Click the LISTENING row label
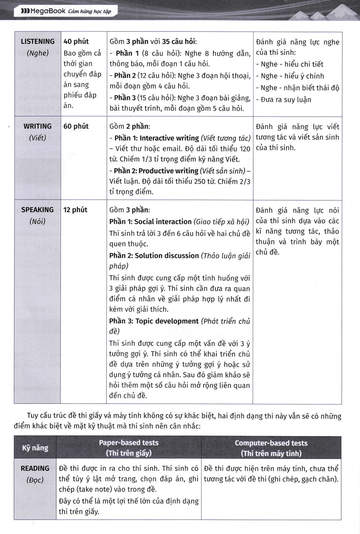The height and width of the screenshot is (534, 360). click(38, 41)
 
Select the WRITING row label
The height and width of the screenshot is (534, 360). click(38, 126)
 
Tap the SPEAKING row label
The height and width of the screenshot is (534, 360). click(38, 210)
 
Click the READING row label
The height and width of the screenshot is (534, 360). click(35, 468)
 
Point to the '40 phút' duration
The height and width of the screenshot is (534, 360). click(76, 41)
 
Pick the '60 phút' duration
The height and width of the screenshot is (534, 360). click(76, 126)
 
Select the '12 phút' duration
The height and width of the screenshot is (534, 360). click(76, 210)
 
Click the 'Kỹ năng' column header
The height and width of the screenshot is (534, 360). click(35, 448)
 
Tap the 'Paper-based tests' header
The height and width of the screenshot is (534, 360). click(129, 443)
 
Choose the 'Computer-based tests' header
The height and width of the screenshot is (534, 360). click(271, 443)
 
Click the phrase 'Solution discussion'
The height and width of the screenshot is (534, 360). click(166, 255)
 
